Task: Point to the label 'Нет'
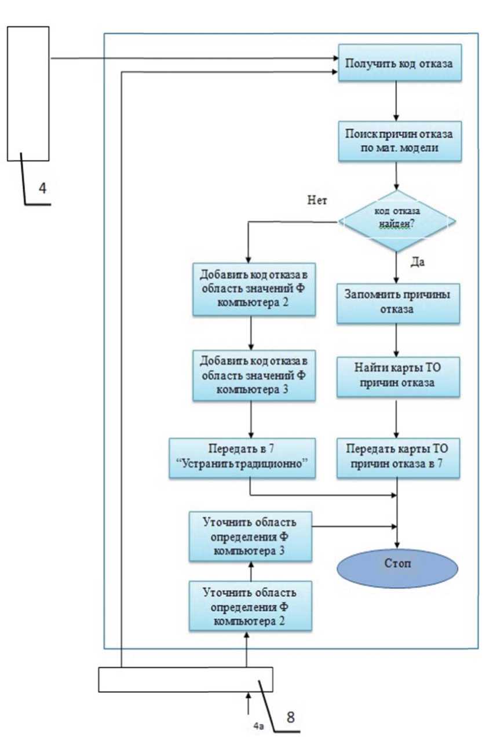(x=319, y=201)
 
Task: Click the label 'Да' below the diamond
(x=418, y=262)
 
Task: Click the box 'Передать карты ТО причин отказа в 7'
(x=399, y=458)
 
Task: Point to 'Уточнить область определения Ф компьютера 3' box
(x=250, y=535)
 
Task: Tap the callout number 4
(x=43, y=187)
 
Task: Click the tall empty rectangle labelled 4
(x=28, y=93)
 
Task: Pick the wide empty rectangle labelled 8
(x=185, y=680)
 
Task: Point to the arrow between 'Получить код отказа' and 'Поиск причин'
(x=396, y=100)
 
